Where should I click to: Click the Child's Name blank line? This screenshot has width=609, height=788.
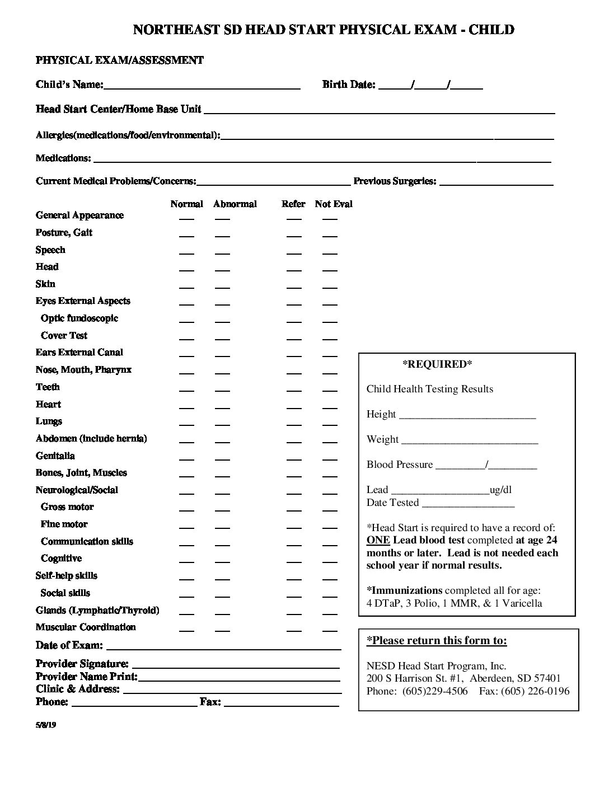tap(202, 86)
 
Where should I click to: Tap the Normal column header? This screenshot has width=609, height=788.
tap(186, 204)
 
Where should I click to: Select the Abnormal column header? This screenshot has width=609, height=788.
tap(235, 204)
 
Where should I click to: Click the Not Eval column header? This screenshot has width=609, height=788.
tap(334, 204)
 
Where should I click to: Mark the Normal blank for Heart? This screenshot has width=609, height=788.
tap(186, 407)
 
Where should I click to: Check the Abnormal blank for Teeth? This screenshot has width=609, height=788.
tap(222, 390)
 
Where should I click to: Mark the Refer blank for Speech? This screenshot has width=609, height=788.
tap(294, 253)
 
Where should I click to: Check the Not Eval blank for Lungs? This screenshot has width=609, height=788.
tap(330, 425)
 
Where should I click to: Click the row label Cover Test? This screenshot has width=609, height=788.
tap(64, 336)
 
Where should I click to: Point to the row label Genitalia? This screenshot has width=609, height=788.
tap(55, 456)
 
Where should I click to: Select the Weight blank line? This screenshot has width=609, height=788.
tap(470, 442)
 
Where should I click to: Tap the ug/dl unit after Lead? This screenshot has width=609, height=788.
tap(500, 490)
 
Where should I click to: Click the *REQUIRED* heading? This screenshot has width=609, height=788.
tap(437, 365)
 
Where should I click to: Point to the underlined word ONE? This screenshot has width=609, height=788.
tap(378, 541)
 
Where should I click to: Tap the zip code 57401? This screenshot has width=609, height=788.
tap(547, 678)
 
